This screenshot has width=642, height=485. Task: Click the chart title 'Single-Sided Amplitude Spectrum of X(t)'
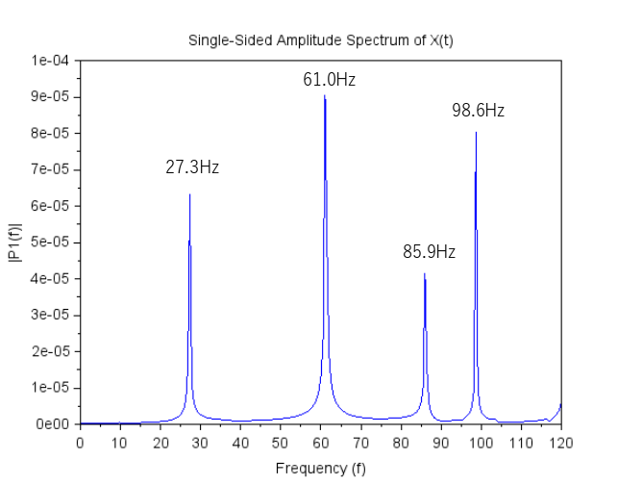click(320, 39)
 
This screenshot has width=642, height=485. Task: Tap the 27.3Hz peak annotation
click(192, 167)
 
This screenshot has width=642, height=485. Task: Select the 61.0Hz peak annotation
click(329, 81)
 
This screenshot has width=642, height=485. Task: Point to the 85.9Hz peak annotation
click(429, 253)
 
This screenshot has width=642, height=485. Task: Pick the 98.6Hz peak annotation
click(479, 111)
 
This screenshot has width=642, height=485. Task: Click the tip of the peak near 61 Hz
click(325, 95)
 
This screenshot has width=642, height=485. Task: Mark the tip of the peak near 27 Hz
click(189, 194)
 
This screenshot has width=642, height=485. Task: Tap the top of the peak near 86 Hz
click(424, 274)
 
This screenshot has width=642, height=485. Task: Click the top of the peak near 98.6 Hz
click(476, 132)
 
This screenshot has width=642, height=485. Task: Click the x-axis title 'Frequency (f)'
click(320, 469)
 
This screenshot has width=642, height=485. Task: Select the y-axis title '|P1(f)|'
click(13, 242)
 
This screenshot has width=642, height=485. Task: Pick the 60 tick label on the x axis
click(320, 443)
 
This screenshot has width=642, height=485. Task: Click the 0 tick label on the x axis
click(80, 443)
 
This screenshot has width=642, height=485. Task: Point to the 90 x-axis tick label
click(440, 443)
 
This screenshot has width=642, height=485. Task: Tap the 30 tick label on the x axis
click(200, 443)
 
